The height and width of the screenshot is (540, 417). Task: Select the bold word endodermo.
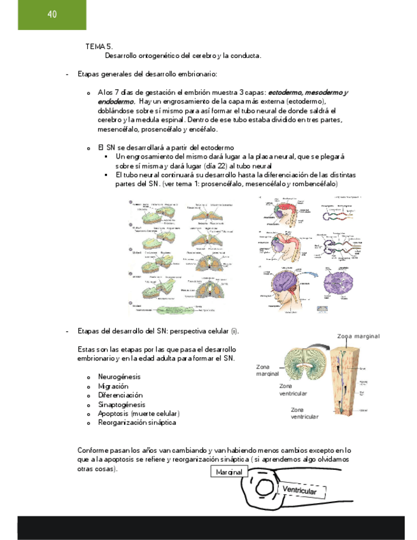coord(115,101)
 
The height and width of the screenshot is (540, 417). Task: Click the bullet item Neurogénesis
coord(119,377)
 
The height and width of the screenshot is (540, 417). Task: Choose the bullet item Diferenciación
coord(121,395)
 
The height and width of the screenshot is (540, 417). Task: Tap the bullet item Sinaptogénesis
coord(122,404)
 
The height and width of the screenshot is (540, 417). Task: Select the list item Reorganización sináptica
coord(137,422)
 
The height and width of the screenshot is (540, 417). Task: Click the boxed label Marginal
coord(229,472)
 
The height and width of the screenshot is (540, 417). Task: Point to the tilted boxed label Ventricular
coord(304,490)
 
